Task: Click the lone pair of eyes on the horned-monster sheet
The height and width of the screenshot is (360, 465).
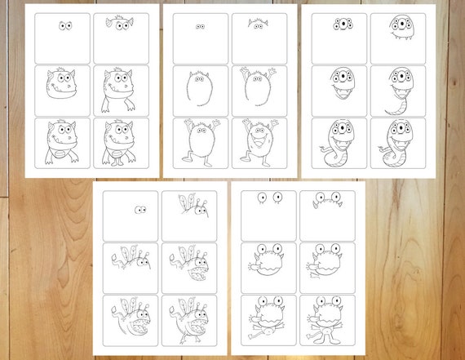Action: coord(64,26)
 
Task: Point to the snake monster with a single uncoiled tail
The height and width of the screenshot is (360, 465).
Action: coord(399,90)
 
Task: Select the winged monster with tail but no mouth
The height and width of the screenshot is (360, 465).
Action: coord(131,261)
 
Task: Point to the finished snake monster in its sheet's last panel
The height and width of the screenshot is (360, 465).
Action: coord(399,143)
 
